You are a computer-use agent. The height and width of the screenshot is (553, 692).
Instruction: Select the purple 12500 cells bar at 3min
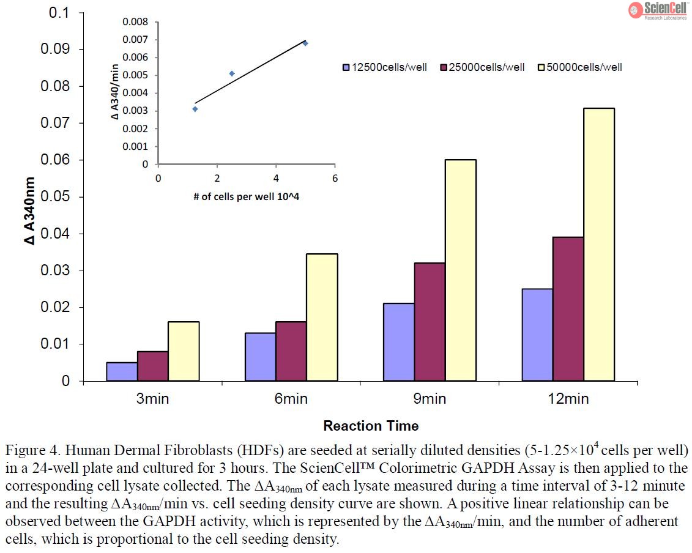(122, 371)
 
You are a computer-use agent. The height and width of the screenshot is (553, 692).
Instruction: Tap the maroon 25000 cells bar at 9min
(430, 322)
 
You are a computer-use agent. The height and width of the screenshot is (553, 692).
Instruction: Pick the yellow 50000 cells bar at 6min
(322, 317)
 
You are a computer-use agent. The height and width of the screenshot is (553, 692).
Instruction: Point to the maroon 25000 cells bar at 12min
(568, 309)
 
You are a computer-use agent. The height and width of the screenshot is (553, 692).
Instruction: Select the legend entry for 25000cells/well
(482, 67)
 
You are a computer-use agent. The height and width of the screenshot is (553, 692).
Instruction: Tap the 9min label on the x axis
(429, 399)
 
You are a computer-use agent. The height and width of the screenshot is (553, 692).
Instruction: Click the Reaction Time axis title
(371, 426)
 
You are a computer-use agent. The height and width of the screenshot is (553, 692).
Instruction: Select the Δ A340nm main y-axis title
(30, 211)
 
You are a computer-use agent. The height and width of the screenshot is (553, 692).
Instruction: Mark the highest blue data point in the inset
(305, 43)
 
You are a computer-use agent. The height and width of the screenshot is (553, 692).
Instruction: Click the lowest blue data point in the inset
(195, 109)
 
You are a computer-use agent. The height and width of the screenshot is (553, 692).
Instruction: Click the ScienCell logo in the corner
(658, 10)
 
